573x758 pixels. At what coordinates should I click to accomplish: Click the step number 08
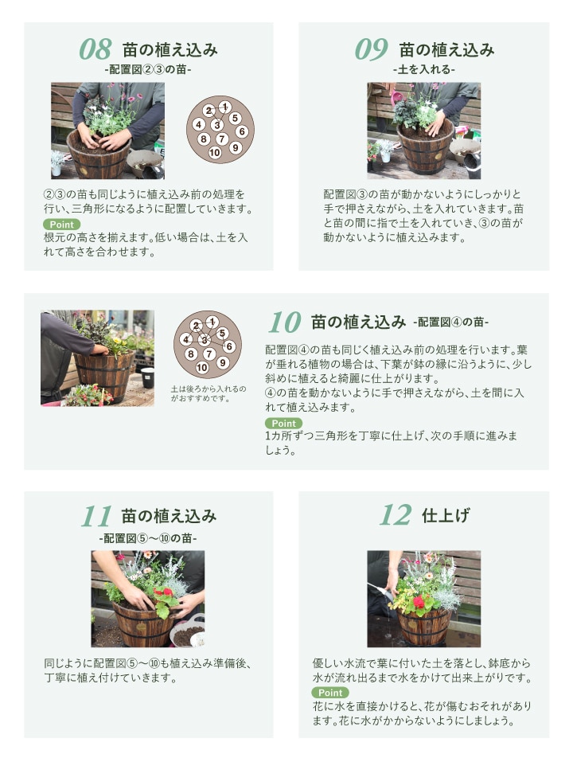point(95,49)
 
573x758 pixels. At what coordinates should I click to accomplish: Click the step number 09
point(371,49)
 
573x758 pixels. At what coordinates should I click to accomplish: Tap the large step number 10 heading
point(285,322)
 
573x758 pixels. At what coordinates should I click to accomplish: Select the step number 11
point(96,516)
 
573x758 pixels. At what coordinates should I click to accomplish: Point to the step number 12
point(396,515)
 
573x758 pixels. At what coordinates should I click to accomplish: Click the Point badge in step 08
point(62,225)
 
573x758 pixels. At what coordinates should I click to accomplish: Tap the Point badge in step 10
point(283,424)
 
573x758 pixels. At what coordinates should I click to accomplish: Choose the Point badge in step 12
point(330,692)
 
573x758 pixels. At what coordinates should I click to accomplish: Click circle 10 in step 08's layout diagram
point(215,153)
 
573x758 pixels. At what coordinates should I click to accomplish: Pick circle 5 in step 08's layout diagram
point(235,118)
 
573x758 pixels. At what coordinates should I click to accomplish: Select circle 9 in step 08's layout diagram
point(235,147)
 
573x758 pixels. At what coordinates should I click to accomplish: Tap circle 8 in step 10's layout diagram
point(191,354)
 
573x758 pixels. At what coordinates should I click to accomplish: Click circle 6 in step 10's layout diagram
point(229,346)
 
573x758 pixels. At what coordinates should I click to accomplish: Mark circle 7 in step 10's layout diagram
point(209,354)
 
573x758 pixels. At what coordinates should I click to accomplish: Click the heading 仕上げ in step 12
point(446,515)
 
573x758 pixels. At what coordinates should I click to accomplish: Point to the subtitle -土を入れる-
point(423,69)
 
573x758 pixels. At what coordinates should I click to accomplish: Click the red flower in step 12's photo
point(419,602)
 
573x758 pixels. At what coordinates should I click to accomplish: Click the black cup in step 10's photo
point(147,377)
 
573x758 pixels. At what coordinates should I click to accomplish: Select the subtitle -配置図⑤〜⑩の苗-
point(148,538)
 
